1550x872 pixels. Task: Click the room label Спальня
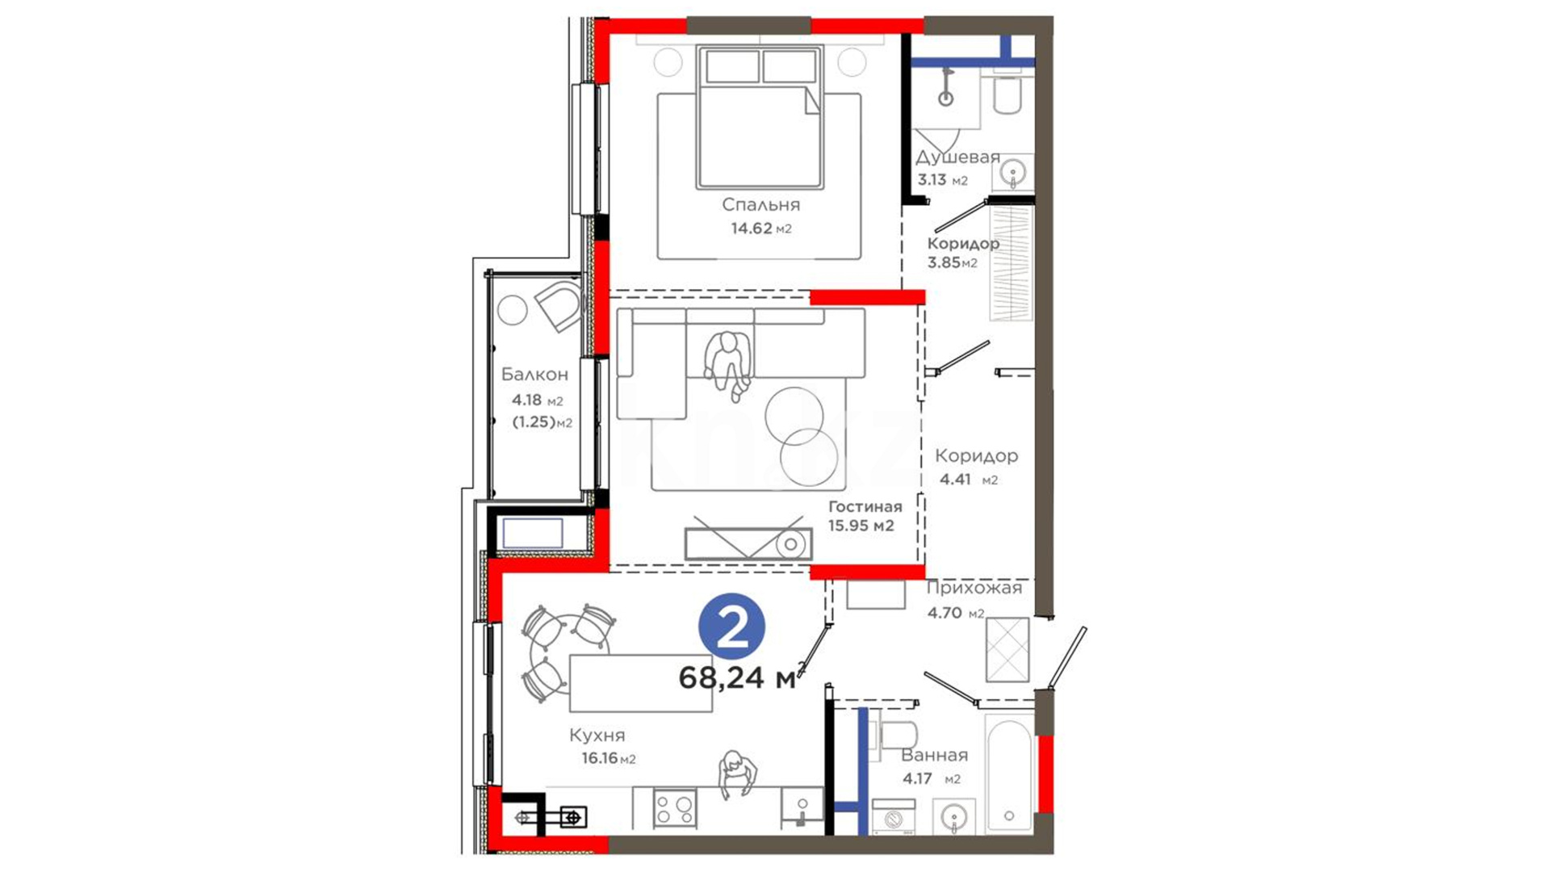[x=760, y=205]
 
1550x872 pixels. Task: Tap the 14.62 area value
[x=752, y=228]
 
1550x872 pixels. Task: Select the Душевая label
[x=957, y=157]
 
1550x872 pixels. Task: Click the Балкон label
[x=534, y=375]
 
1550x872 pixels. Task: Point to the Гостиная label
[x=865, y=507]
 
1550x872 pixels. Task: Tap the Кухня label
[x=597, y=736]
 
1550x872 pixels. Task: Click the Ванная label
[x=934, y=756]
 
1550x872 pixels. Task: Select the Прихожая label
[x=974, y=588]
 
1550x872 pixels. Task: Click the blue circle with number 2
[x=732, y=627]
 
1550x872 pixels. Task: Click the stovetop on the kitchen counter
[x=675, y=808]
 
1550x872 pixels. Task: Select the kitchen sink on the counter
[x=802, y=807]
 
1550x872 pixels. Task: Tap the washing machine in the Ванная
[x=894, y=817]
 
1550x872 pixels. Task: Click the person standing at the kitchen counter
[x=737, y=773]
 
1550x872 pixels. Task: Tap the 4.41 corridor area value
[x=955, y=480]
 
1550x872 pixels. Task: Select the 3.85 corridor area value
[x=944, y=262]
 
